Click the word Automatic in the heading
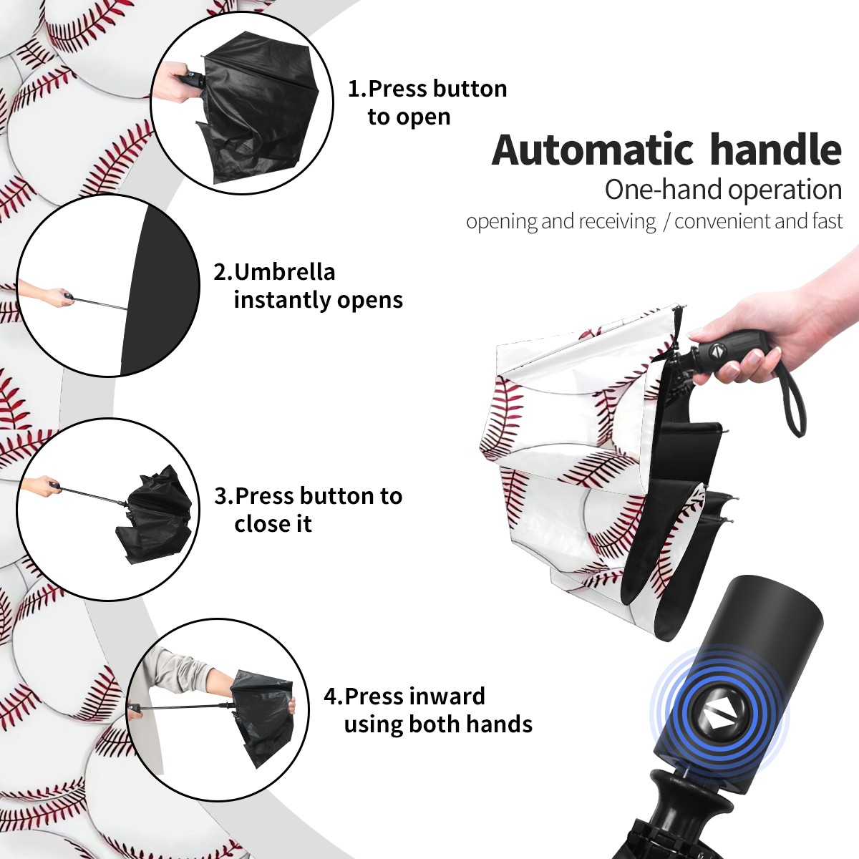pos(593,150)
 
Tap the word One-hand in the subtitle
pos(664,190)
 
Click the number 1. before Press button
pos(356,89)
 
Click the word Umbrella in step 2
pos(284,272)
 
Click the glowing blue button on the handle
pos(719,719)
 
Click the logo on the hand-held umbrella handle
pos(717,349)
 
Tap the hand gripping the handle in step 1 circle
pos(174,82)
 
